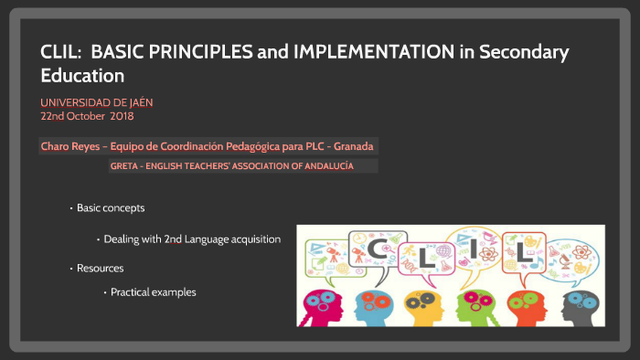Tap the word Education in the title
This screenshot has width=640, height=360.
pos(81,75)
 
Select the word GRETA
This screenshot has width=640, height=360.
pos(123,166)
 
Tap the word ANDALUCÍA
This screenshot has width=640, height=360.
pos(324,166)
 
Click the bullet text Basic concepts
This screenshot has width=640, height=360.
pos(111,208)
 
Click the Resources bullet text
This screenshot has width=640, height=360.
pos(100,268)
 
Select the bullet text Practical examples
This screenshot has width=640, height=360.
pos(154,292)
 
